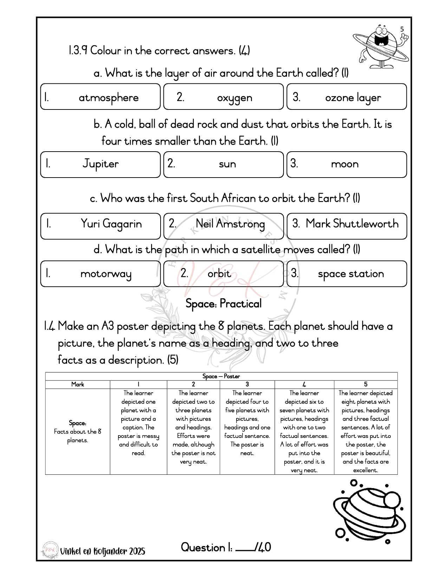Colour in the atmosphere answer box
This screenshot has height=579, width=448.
pyautogui.click(x=100, y=97)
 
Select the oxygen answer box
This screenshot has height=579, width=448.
pyautogui.click(x=223, y=97)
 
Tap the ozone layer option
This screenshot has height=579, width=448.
pyautogui.click(x=346, y=97)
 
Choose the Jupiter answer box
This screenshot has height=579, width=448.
pyautogui.click(x=100, y=164)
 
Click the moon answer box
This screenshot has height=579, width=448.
pyautogui.click(x=346, y=164)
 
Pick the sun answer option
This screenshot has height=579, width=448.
pyautogui.click(x=223, y=164)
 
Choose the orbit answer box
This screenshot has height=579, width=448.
pyautogui.click(x=223, y=274)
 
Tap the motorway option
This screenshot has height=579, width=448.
pyautogui.click(x=100, y=274)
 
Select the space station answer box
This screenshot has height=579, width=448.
pyautogui.click(x=346, y=274)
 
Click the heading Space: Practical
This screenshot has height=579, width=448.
pyautogui.click(x=223, y=304)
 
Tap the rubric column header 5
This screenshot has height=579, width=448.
pyautogui.click(x=365, y=384)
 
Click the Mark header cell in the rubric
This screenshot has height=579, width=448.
pyautogui.click(x=78, y=384)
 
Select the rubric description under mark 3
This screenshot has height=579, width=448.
pyautogui.click(x=247, y=423)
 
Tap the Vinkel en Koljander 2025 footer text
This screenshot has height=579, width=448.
pyautogui.click(x=103, y=551)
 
